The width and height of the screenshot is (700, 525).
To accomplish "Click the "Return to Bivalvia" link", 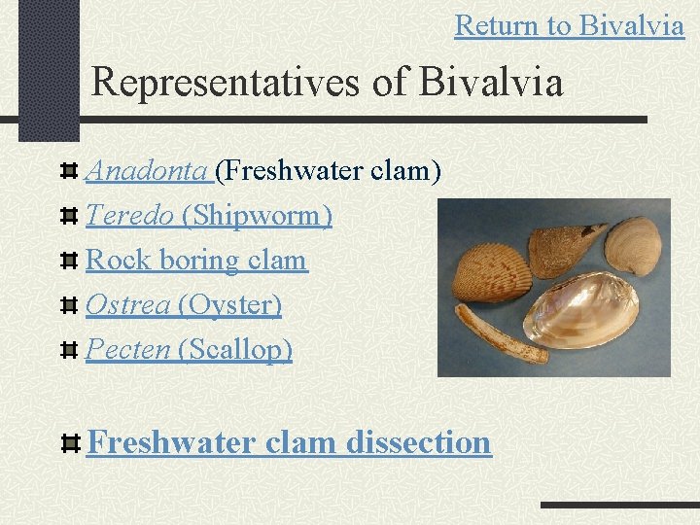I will click(569, 25).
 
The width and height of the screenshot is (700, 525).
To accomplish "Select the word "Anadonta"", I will click(148, 172).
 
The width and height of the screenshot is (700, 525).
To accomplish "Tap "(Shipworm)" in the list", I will click(257, 216).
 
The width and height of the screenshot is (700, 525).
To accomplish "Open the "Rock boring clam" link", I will click(196, 261).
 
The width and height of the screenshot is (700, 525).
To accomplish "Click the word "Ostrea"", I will click(129, 305).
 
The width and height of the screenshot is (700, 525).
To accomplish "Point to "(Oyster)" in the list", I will click(230, 305).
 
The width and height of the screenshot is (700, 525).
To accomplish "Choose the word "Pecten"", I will click(128, 349).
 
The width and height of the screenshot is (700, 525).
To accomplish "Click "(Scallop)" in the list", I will click(235, 349).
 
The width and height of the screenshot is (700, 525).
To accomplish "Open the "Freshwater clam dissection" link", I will click(289, 442).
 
